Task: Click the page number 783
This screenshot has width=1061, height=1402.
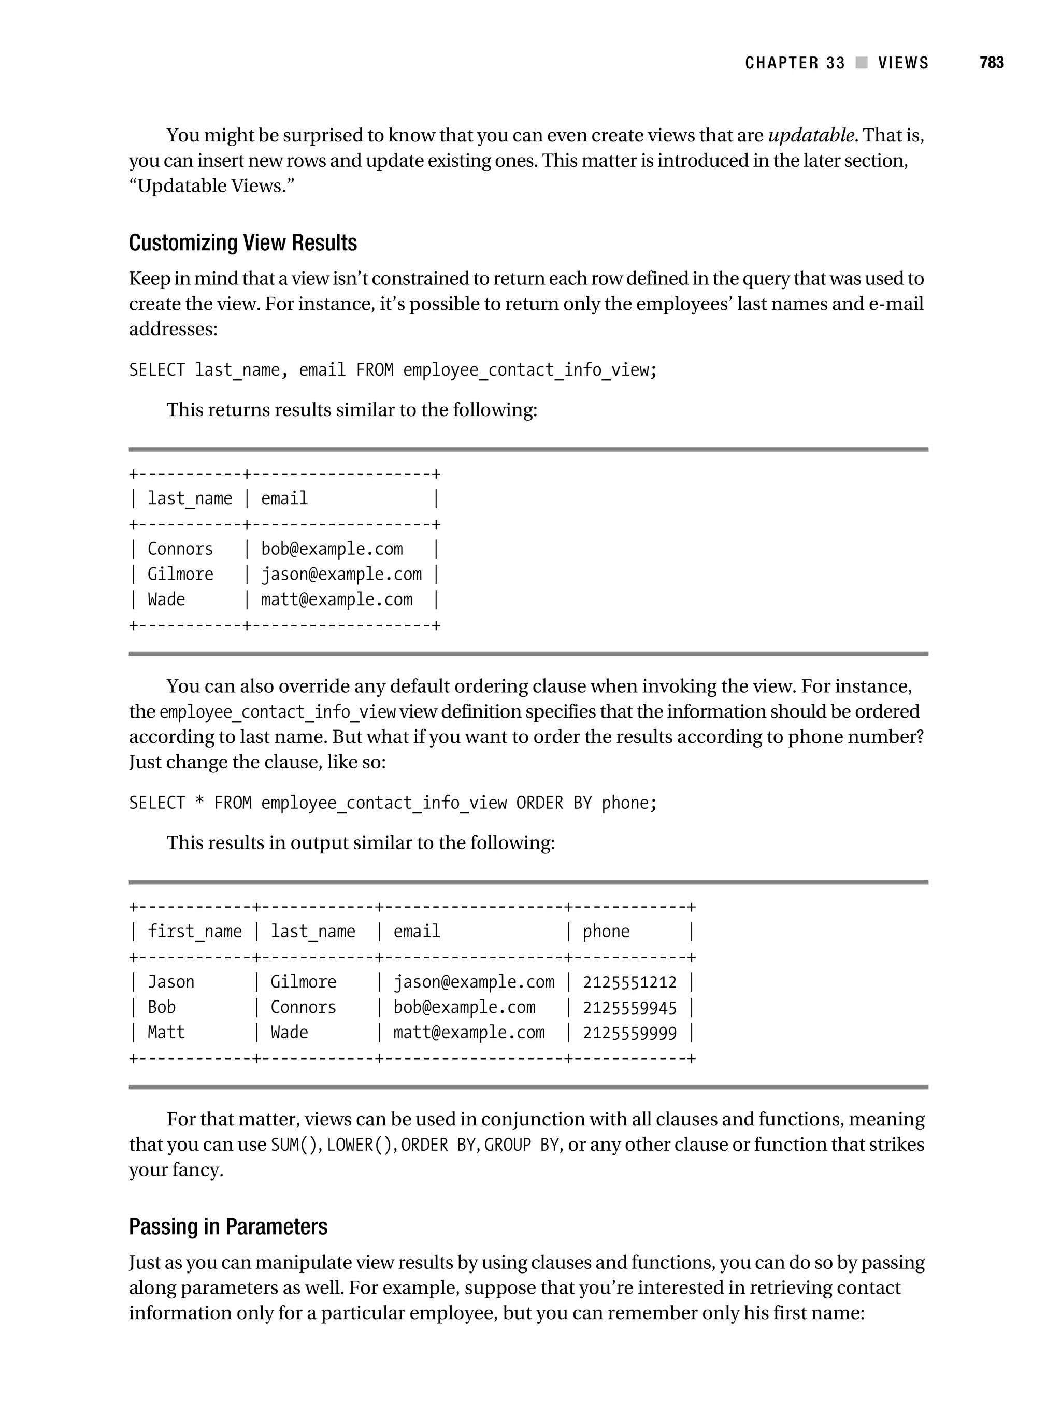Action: pos(991,63)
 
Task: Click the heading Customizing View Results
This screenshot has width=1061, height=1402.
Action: pos(243,243)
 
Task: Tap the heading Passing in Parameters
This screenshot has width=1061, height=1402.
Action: pos(228,1226)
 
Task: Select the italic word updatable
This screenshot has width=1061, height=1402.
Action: pos(811,136)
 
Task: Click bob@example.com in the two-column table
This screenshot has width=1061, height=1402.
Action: pos(332,549)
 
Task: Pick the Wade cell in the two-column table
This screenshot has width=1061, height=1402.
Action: pos(166,599)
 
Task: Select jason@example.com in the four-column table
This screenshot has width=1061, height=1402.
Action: pos(474,982)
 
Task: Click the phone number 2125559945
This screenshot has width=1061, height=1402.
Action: pos(629,1008)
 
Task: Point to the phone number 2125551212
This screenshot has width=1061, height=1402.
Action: pos(629,982)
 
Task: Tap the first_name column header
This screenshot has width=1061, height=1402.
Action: pos(195,932)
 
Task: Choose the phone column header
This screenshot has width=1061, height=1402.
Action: pos(606,932)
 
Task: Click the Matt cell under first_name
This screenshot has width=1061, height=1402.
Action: pos(166,1033)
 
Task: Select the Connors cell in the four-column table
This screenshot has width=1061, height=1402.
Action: pos(303,1007)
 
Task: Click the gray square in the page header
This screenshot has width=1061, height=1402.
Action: pos(862,63)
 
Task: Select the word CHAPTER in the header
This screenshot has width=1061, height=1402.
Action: pos(781,63)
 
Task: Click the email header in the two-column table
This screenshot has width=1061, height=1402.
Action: pos(284,499)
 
